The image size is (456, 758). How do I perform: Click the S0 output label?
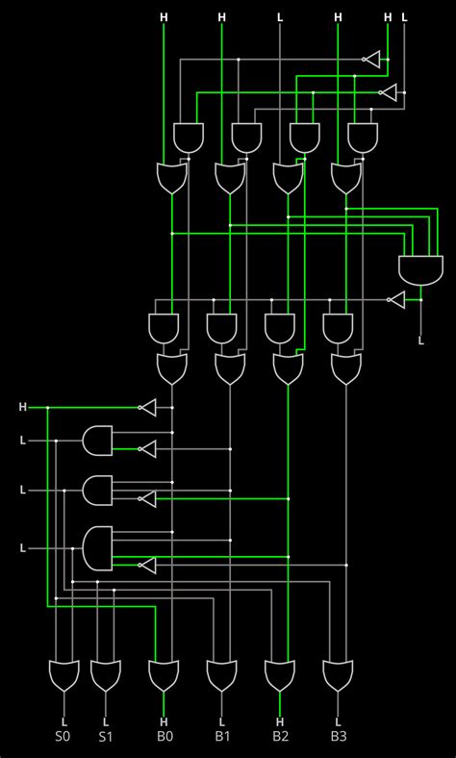coord(63,737)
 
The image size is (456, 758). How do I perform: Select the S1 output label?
coord(106,737)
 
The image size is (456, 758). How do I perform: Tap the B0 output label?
coord(164,737)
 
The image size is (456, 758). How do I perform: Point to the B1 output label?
coord(221,737)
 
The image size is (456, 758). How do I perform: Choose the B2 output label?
coord(280,737)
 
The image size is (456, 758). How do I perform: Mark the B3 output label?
coord(338,737)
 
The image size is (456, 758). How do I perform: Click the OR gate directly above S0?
coord(63,675)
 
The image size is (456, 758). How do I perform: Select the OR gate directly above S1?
coord(106,675)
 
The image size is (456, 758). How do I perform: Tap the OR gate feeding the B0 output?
coord(164,675)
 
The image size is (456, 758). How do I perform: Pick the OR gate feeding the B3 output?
coord(338,675)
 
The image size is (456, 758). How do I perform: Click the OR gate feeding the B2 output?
coord(280,675)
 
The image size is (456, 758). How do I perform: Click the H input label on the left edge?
coord(22,408)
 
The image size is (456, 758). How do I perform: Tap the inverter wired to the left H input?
coord(147,408)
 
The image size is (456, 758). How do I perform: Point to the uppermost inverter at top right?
coord(371,59)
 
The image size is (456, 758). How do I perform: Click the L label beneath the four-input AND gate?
coord(420,340)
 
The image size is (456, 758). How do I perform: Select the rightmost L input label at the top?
coord(404,17)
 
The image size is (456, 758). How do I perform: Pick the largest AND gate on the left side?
coord(98,547)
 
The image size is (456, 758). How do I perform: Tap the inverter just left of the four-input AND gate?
coord(396,300)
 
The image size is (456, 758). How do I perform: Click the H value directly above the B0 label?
coord(164,721)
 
